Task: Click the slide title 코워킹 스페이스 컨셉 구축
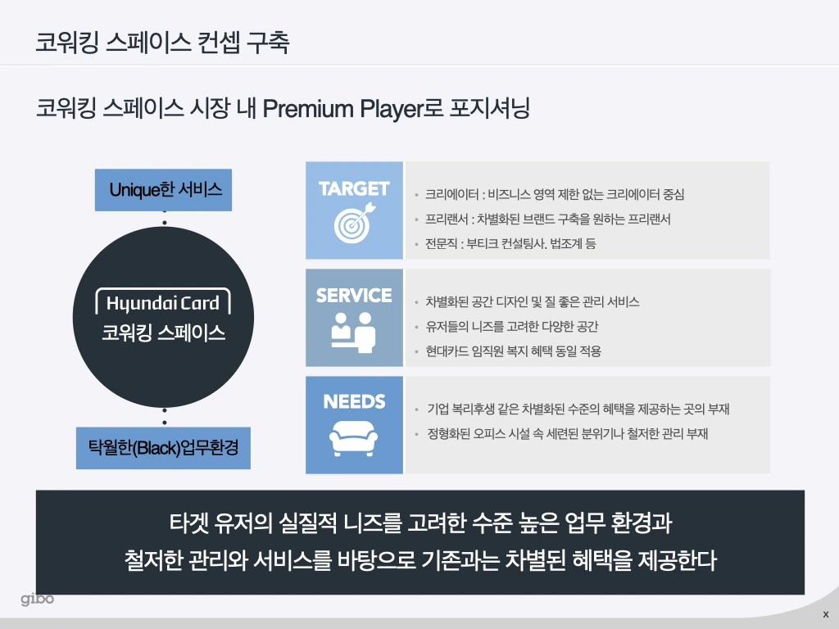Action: (x=161, y=43)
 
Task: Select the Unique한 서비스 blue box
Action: (x=164, y=190)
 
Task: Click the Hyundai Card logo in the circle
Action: (x=163, y=303)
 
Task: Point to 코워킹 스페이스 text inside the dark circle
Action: (x=164, y=333)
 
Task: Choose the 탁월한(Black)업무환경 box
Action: (x=163, y=448)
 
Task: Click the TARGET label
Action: (x=354, y=188)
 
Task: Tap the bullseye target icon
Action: (x=354, y=223)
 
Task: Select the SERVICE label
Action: (x=354, y=295)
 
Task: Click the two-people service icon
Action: (x=354, y=331)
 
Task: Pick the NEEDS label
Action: (x=354, y=402)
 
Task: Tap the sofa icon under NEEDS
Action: (x=354, y=439)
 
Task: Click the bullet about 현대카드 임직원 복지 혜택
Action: (x=514, y=351)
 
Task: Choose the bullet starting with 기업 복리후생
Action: (x=578, y=409)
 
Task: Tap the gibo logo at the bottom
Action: (x=38, y=600)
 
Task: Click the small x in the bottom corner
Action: (x=825, y=614)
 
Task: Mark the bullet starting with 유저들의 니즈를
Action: (x=512, y=327)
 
